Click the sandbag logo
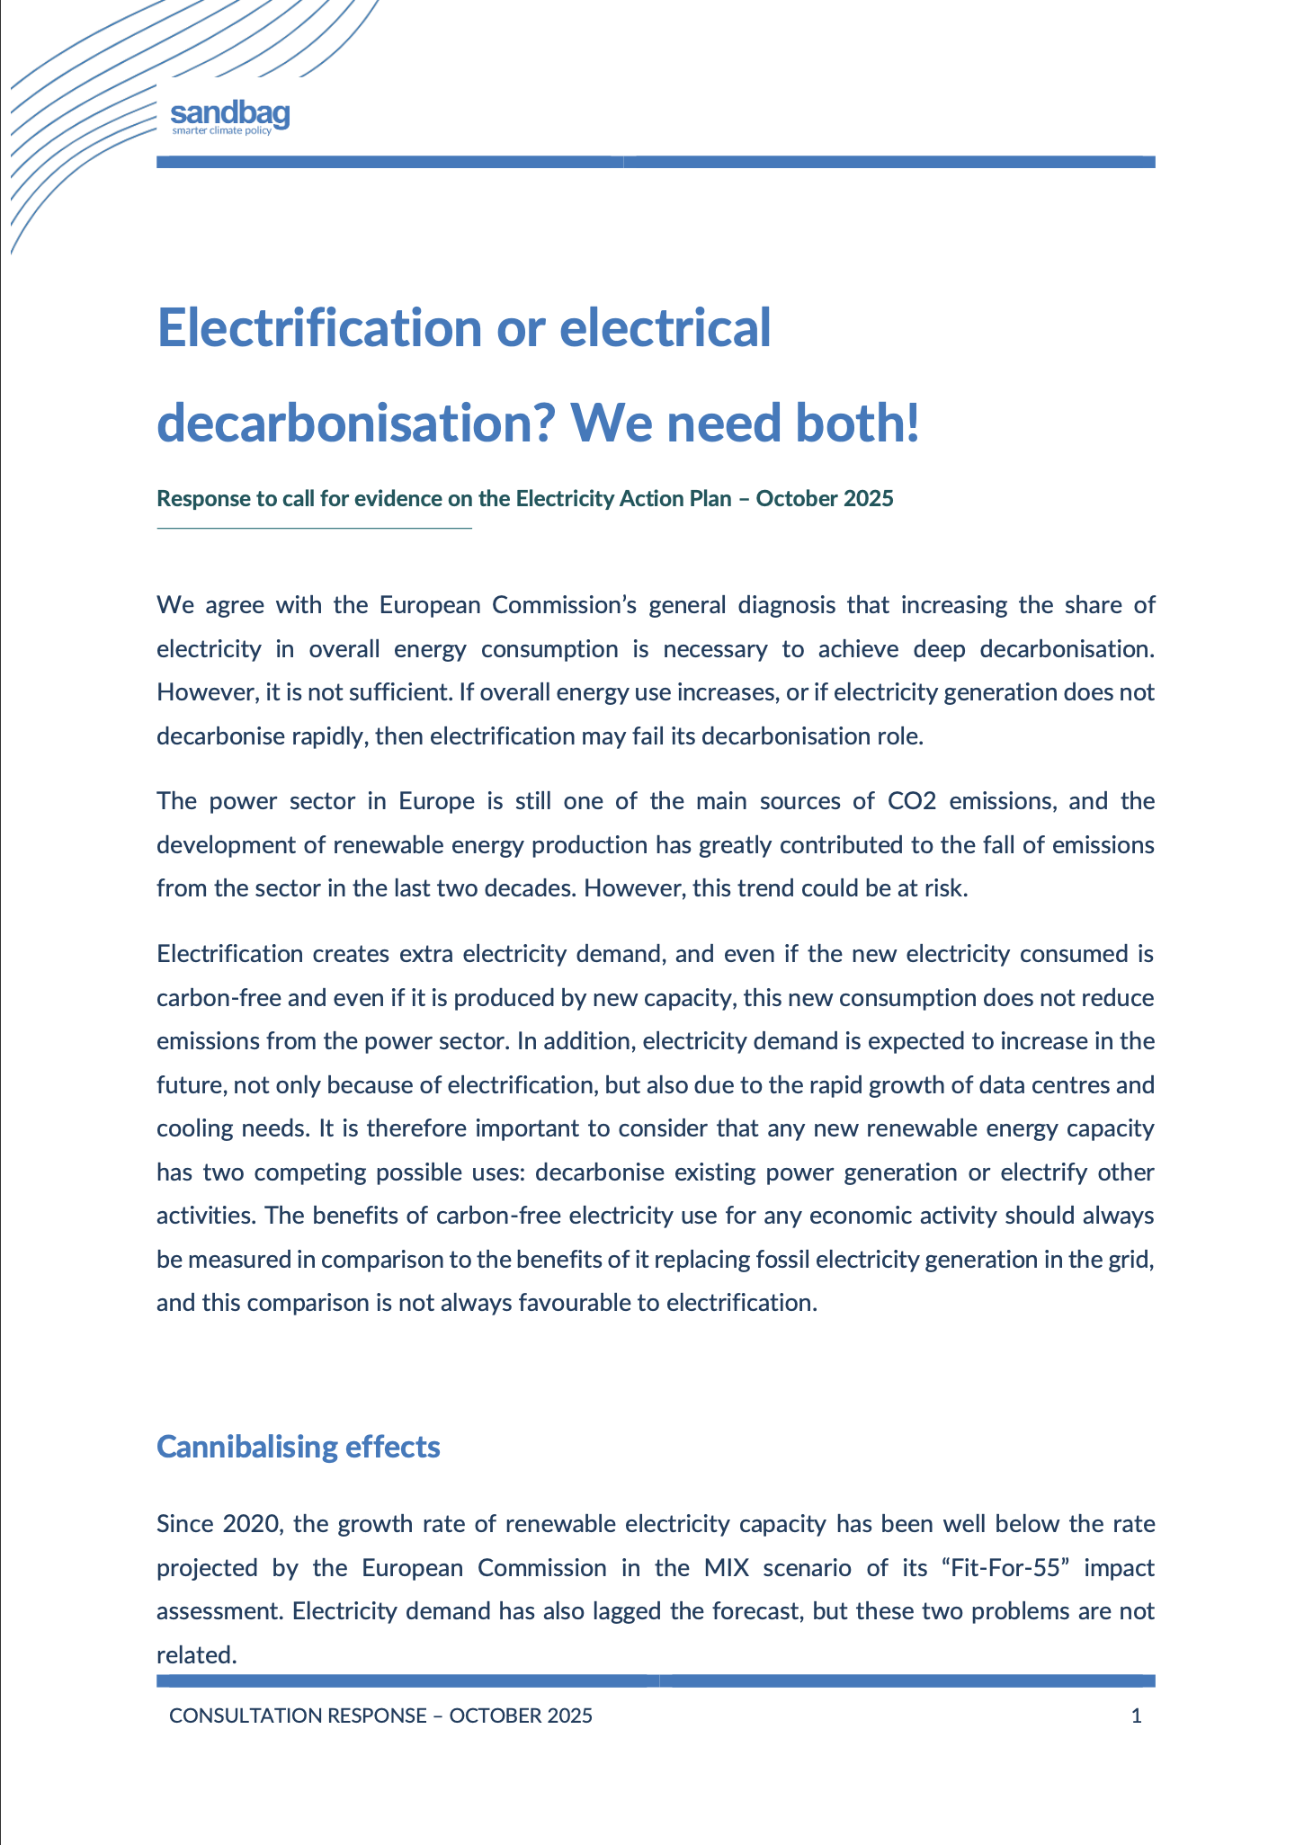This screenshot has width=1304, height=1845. click(229, 113)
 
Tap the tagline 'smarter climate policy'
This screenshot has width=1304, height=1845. click(221, 131)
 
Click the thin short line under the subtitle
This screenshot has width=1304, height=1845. click(314, 528)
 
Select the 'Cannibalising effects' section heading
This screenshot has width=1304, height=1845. click(299, 1447)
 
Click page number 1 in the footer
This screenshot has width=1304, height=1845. click(1136, 1716)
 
